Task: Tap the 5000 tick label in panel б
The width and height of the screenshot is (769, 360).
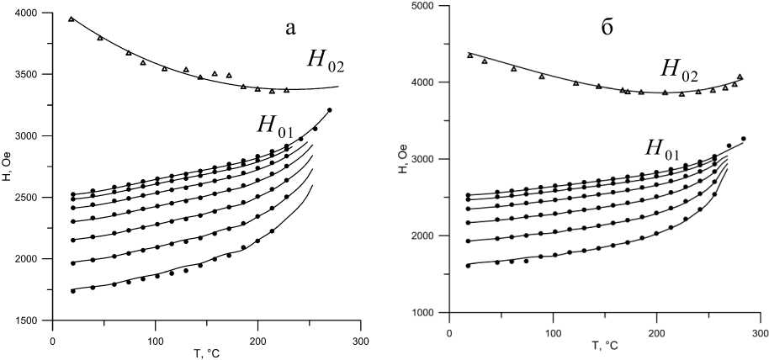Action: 424,6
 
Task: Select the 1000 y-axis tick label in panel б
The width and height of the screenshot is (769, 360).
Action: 424,313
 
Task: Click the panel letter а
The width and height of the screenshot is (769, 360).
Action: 290,29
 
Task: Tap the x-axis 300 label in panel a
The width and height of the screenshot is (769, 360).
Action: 359,341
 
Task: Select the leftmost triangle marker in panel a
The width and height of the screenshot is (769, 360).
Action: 72,19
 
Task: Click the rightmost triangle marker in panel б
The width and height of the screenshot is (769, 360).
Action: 740,77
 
